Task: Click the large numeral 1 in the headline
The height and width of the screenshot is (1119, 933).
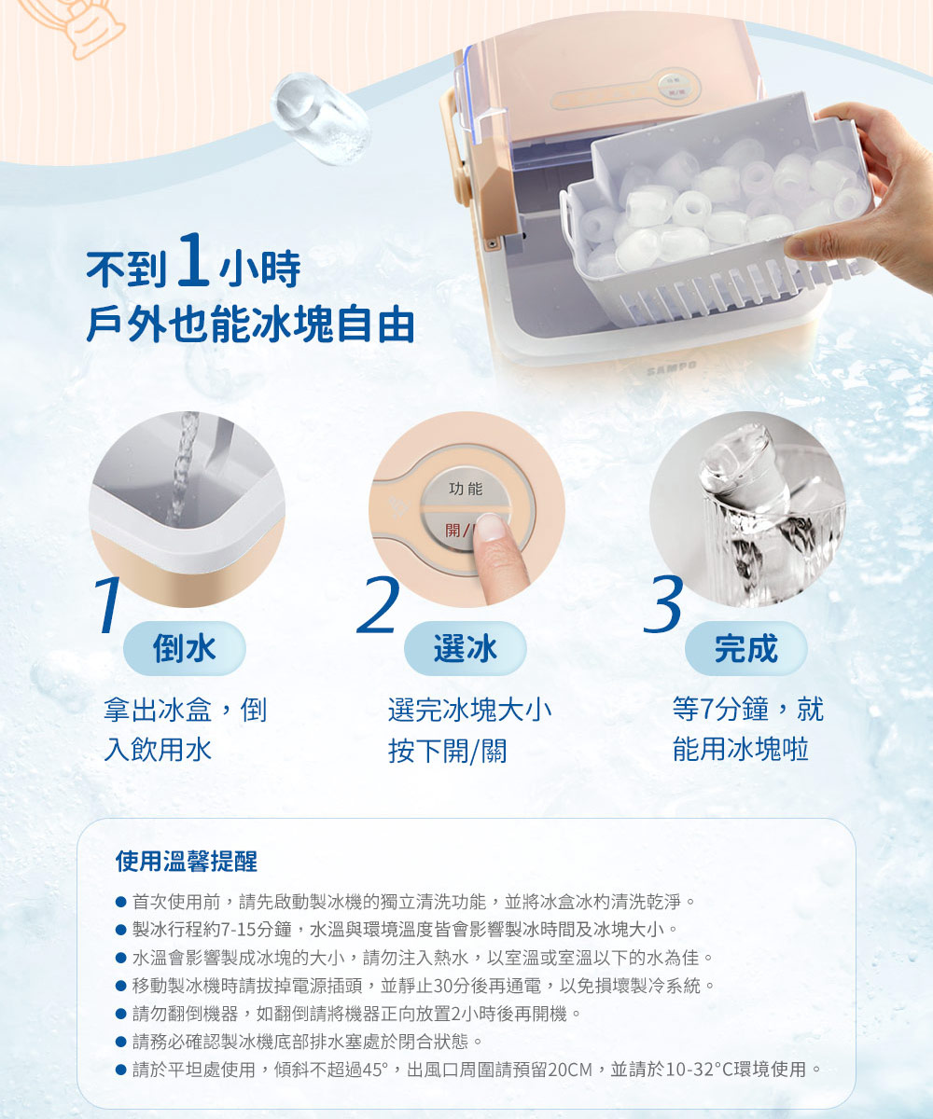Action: click(190, 265)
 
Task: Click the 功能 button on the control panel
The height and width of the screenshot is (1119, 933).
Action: click(466, 489)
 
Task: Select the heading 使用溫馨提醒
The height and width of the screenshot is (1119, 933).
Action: click(186, 861)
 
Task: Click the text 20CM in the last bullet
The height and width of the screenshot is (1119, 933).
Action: click(570, 1070)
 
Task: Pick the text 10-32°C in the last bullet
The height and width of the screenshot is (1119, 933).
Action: click(700, 1070)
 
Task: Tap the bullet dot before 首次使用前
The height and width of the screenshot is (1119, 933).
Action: click(120, 903)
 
